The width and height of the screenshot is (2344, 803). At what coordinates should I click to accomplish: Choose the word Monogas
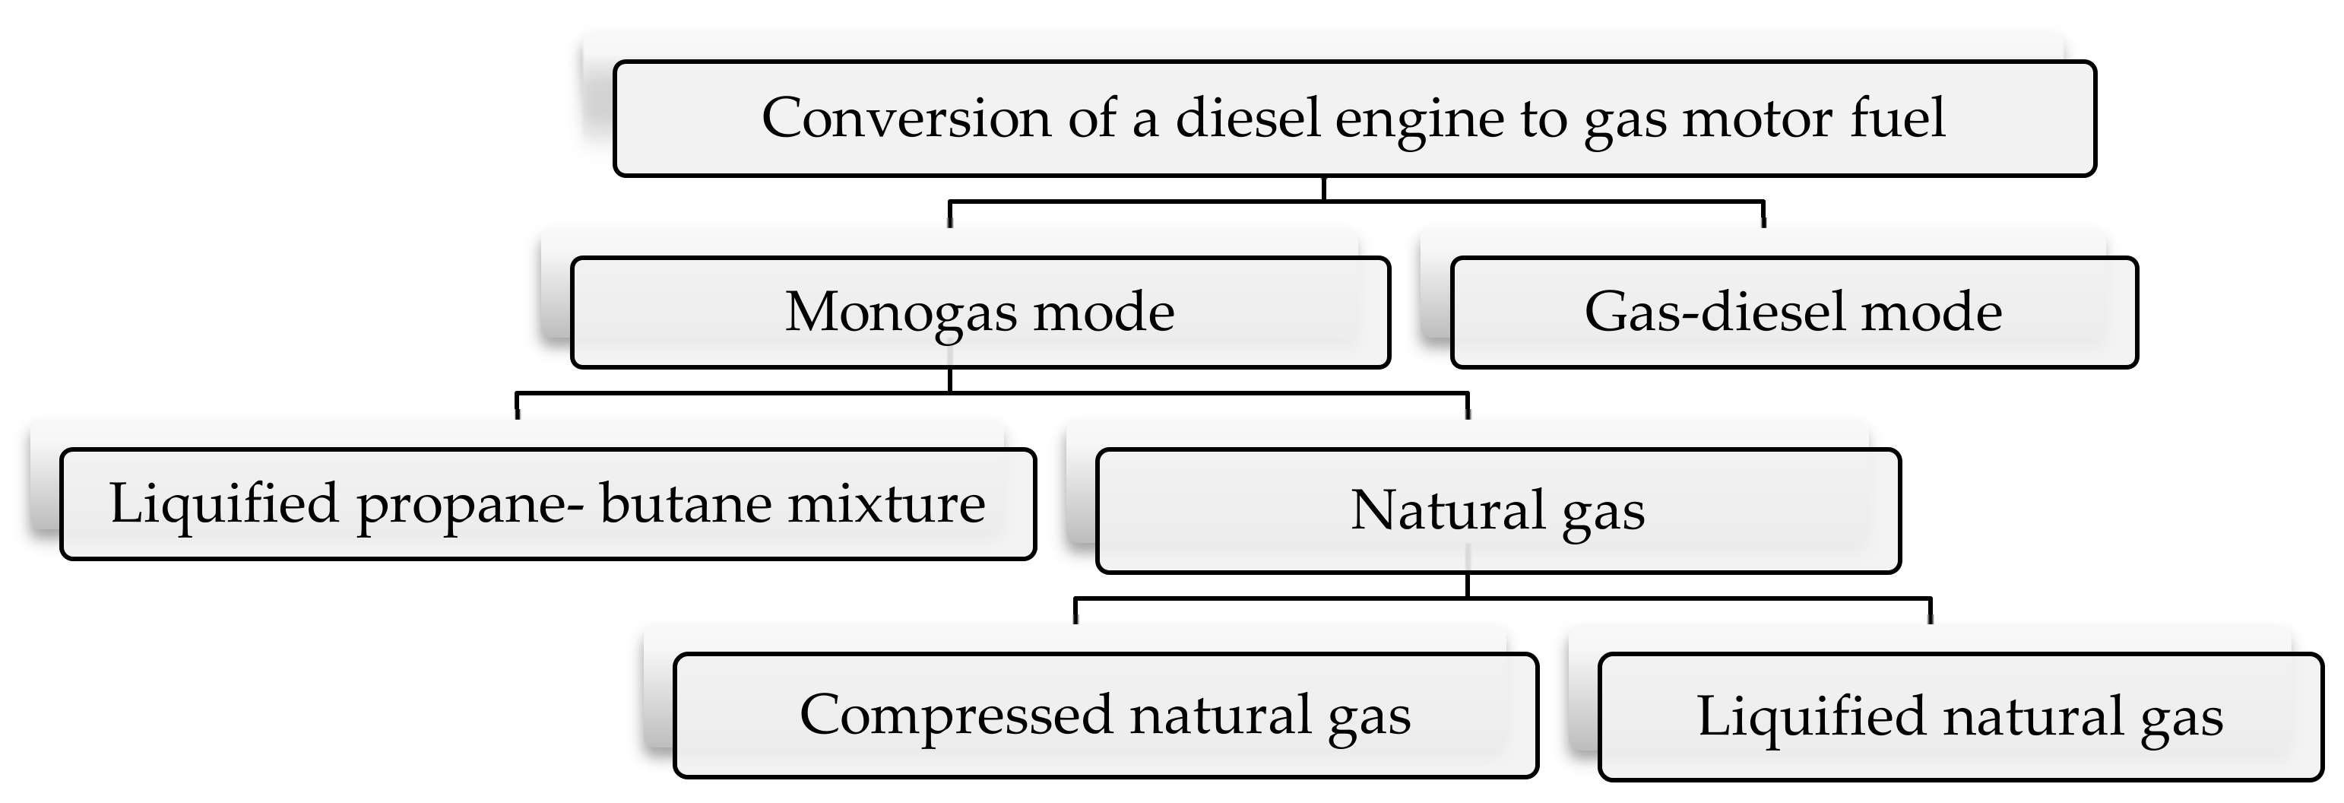[901, 313]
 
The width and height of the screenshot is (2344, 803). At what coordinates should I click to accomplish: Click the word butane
[683, 503]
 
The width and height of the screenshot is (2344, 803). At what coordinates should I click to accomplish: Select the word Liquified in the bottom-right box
[1810, 716]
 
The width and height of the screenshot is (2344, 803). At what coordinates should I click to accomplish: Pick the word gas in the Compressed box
[1370, 717]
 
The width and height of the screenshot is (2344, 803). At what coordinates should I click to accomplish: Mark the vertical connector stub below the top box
[1323, 189]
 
